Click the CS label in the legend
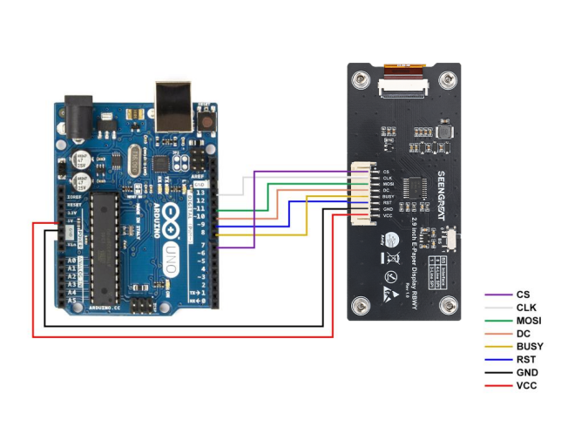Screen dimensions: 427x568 point(523,295)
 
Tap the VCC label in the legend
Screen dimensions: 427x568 point(525,384)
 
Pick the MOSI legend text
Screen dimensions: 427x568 point(529,321)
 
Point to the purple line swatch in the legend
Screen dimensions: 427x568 point(497,295)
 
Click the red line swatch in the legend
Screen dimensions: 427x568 point(497,384)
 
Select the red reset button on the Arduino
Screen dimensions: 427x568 point(206,120)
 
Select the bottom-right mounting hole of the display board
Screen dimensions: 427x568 point(448,306)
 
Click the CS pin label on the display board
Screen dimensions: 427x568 point(386,171)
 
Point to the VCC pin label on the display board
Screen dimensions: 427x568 point(388,215)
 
